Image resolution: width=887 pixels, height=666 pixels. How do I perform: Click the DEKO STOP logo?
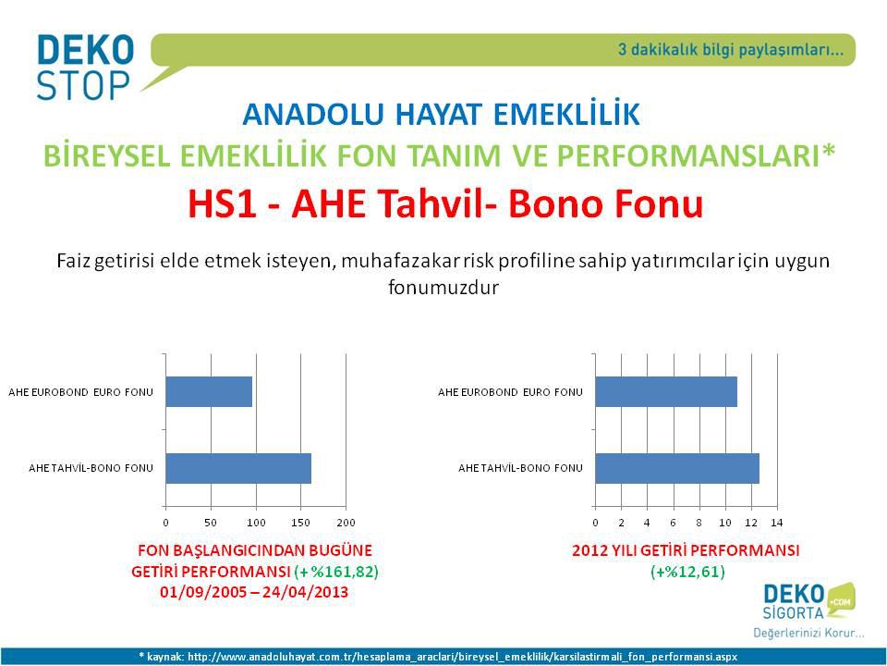click(85, 67)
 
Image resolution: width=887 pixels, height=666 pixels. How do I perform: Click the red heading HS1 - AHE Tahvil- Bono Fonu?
click(445, 203)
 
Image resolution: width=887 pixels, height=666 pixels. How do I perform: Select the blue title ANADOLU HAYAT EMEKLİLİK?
click(442, 114)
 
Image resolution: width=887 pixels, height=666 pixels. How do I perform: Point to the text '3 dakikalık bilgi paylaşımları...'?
click(730, 50)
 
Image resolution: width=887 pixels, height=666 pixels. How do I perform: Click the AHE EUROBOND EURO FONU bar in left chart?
click(209, 392)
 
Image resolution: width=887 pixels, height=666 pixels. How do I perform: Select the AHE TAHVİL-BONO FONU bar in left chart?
click(238, 468)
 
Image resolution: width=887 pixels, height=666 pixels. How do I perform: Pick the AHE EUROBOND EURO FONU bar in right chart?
click(666, 392)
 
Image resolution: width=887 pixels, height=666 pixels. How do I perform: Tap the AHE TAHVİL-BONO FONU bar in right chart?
click(677, 468)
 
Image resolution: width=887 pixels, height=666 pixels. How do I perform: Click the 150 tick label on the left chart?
click(300, 523)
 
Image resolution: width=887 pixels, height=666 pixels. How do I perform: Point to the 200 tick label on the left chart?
click(346, 523)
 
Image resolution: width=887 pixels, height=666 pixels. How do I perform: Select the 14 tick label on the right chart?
click(777, 523)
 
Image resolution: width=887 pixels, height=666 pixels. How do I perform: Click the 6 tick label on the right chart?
click(674, 523)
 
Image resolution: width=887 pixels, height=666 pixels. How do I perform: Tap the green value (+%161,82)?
click(336, 572)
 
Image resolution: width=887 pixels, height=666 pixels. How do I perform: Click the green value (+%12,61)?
click(687, 572)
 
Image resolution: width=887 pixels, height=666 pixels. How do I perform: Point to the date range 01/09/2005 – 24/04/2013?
click(254, 592)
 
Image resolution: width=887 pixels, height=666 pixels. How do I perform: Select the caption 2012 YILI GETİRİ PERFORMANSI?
click(686, 550)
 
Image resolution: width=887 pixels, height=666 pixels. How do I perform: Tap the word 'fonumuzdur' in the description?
click(443, 287)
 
